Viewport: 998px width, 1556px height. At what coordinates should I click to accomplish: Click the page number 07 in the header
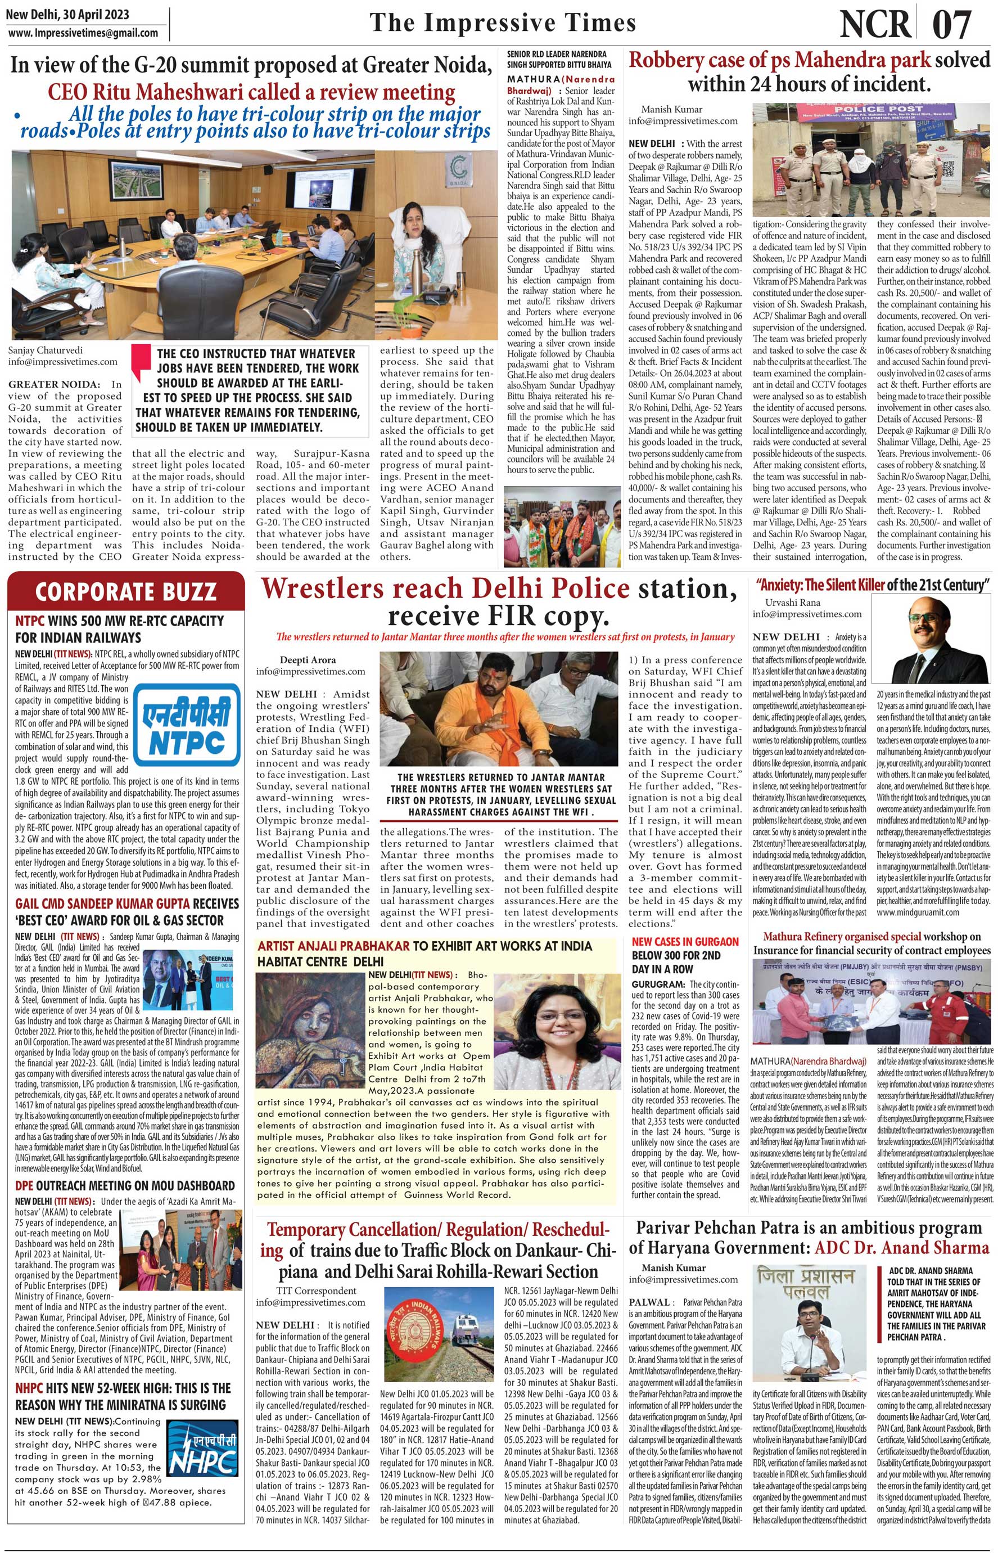pos(952,25)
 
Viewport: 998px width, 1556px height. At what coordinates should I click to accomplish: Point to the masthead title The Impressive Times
pos(503,23)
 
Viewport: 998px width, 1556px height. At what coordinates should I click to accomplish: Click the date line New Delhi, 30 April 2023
pos(68,14)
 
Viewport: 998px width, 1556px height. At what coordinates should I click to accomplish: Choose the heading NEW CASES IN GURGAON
pos(685,941)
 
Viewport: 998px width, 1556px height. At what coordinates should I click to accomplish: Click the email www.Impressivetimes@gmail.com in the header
pos(84,33)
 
